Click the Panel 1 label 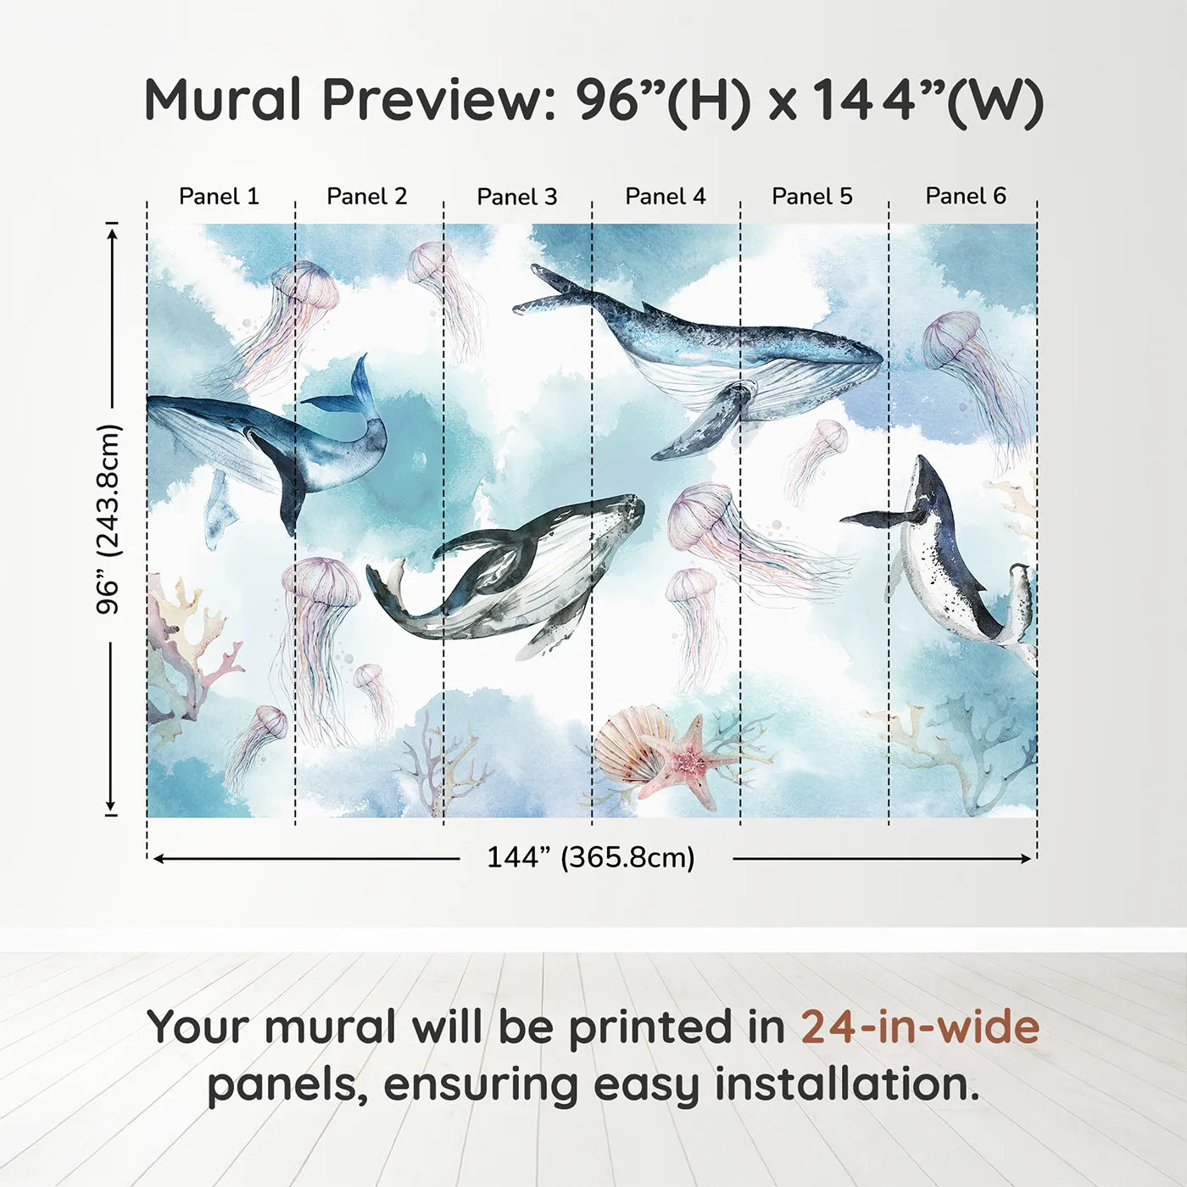pos(219,197)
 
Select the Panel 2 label pos(366,197)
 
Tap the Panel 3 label pos(516,198)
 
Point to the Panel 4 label pos(665,197)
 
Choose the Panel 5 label pos(811,197)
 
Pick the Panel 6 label pos(965,196)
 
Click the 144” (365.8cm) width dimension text pos(590,857)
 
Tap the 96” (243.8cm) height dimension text pos(109,519)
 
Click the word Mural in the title pos(222,100)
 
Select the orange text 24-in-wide pos(919,1027)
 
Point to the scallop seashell pos(627,746)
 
